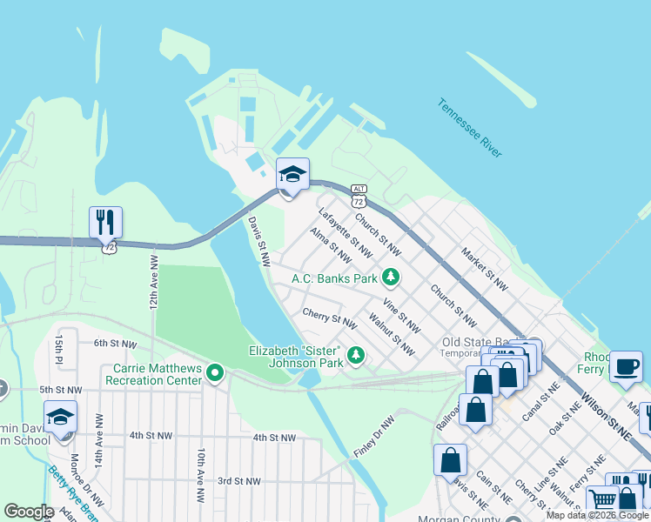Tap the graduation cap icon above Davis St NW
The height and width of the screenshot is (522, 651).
point(292,174)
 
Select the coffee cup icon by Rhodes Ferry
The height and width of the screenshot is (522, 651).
point(626,366)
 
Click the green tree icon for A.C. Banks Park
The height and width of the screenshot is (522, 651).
point(392,278)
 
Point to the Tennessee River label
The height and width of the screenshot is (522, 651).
point(470,128)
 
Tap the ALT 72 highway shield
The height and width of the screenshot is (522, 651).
point(359,196)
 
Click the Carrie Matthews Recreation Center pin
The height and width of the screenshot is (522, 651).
point(215,373)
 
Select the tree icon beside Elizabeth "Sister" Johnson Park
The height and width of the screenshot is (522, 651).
point(355,354)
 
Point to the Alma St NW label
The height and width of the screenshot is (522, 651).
point(331,245)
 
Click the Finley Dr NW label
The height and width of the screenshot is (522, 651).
point(374,438)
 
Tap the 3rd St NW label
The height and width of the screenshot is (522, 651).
point(238,480)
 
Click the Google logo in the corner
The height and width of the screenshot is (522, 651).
point(29,511)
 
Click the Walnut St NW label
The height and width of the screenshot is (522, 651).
point(392,335)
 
